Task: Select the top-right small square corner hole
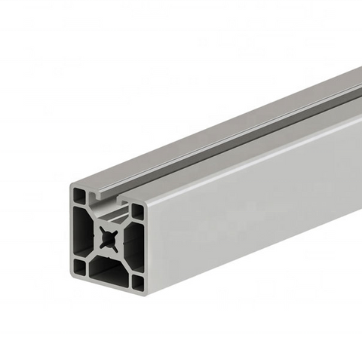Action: pyautogui.click(x=137, y=212)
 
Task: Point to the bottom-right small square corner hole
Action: pyautogui.click(x=137, y=281)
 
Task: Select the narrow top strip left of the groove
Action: pyautogui.click(x=189, y=136)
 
